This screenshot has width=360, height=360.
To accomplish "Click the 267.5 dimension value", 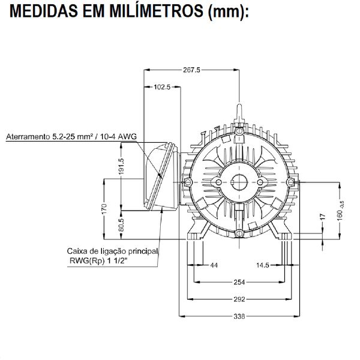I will (191, 70).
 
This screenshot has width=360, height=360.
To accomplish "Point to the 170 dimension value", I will (104, 209).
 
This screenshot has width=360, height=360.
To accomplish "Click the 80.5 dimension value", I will (121, 226).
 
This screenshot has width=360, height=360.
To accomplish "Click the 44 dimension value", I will (214, 265).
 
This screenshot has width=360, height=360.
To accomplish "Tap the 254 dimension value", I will (239, 281).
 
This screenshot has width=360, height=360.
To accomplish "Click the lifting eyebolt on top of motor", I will (239, 111).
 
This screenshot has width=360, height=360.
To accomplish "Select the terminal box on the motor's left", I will (160, 176).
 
